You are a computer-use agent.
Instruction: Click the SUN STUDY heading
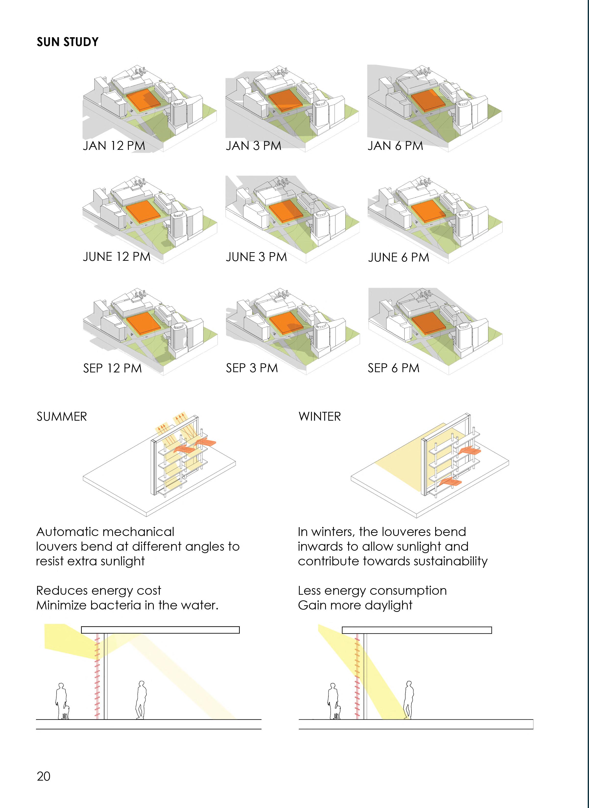click(67, 42)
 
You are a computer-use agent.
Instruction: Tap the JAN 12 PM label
click(114, 146)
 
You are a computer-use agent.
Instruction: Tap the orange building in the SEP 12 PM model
click(143, 323)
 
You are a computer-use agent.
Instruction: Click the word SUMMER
click(62, 417)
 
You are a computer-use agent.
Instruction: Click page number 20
click(44, 776)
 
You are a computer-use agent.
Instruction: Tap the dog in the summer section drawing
click(65, 713)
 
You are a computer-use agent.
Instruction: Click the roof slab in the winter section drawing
click(416, 630)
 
